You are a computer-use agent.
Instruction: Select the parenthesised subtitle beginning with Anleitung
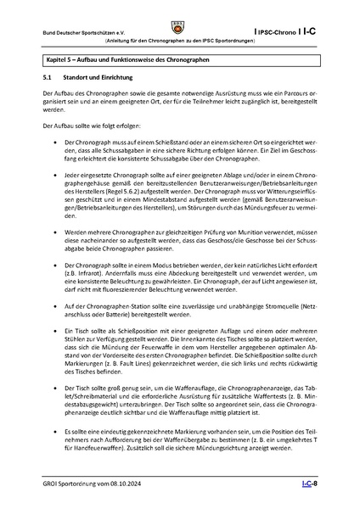[180, 41]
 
